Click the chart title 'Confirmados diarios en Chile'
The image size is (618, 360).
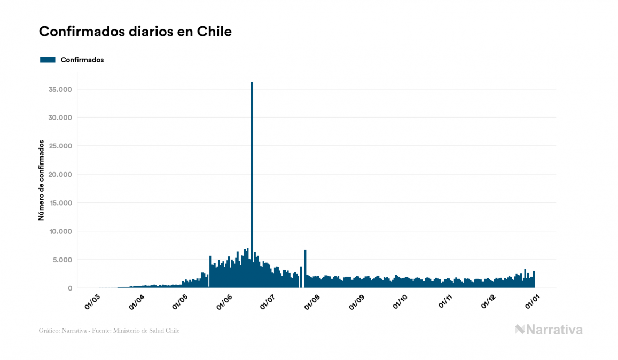[135, 32]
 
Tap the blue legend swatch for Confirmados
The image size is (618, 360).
[48, 60]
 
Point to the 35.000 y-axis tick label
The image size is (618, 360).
[60, 89]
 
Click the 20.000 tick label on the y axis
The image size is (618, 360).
[60, 175]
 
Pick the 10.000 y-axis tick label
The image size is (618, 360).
[60, 231]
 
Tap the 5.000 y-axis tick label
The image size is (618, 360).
[62, 260]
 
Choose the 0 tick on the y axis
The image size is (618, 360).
[70, 288]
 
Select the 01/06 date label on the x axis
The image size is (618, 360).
[225, 302]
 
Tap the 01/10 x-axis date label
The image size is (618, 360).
[401, 302]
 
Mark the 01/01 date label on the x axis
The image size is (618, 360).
[533, 302]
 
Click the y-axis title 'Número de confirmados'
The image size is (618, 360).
[41, 181]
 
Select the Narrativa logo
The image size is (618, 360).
[549, 330]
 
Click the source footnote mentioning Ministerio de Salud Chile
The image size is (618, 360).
[109, 331]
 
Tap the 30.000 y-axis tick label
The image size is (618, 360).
[60, 118]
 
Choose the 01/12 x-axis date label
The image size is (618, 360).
[489, 302]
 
